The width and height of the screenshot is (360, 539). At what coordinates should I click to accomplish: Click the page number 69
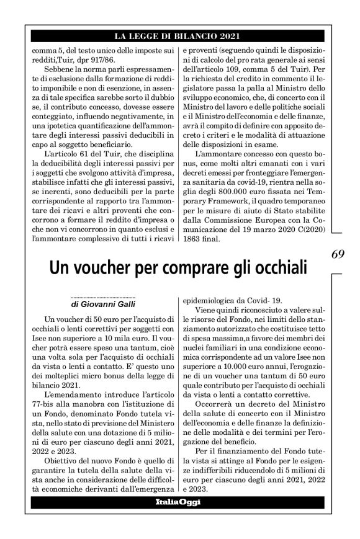coord(338,254)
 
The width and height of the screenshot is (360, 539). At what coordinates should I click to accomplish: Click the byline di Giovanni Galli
coord(103,304)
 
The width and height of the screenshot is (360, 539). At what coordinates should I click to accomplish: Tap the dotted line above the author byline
coord(103,297)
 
